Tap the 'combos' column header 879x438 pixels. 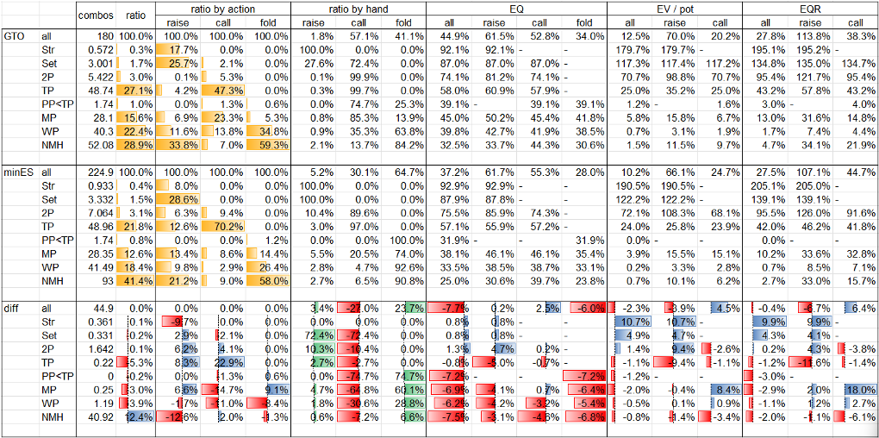(95, 15)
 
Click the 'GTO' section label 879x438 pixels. (14, 36)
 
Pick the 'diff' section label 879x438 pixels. (13, 309)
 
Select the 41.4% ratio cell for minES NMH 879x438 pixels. (139, 281)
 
